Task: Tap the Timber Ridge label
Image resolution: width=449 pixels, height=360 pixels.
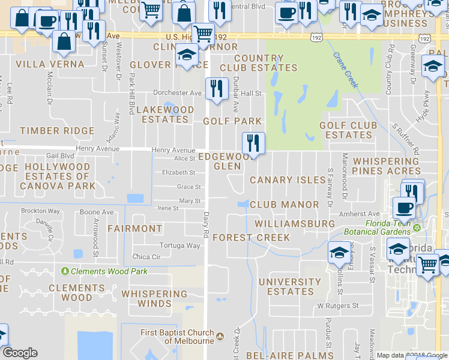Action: [49, 130]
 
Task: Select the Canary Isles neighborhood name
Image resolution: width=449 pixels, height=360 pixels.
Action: [288, 180]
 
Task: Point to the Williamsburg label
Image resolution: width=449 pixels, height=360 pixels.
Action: [294, 223]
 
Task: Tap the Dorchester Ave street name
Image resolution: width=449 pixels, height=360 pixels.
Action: [177, 93]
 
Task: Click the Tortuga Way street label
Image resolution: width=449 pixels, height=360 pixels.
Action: [179, 245]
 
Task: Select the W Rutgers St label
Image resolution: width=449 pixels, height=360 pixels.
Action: [337, 305]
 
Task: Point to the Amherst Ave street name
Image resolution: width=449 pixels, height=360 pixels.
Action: [359, 214]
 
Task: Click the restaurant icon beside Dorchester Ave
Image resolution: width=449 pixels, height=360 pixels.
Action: [217, 88]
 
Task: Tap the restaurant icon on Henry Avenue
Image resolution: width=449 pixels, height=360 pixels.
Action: [253, 143]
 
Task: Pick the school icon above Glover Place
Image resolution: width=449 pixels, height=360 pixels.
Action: [187, 55]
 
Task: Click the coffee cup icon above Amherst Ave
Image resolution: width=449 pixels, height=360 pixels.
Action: [403, 208]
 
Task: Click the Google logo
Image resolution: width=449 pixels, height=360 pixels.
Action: [20, 353]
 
